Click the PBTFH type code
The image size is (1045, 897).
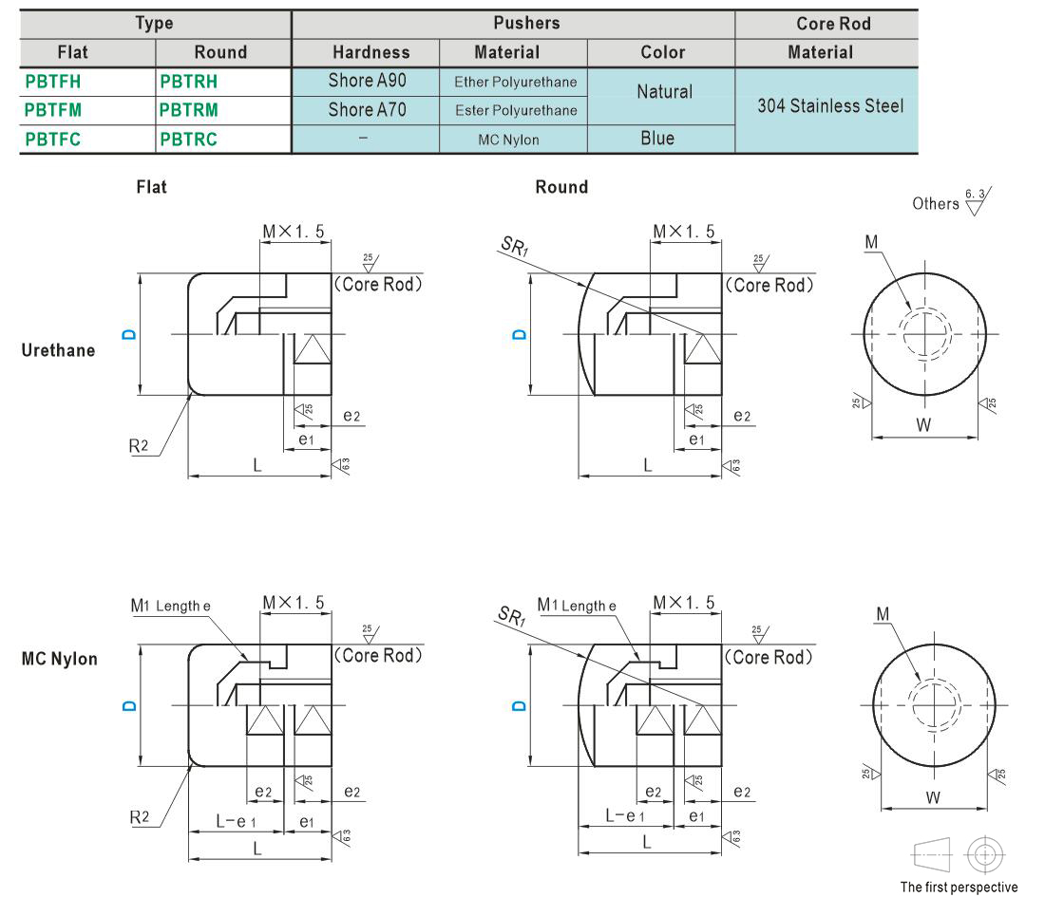click(52, 82)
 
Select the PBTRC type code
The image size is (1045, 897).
click(189, 140)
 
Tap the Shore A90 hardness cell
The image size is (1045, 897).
click(368, 81)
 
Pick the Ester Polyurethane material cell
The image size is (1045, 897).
click(516, 110)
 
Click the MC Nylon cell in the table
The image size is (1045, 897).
click(508, 140)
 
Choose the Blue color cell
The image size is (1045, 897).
click(657, 138)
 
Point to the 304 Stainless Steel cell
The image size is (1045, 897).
click(830, 106)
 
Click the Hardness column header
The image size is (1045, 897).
click(371, 52)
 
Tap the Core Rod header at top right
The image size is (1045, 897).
click(834, 24)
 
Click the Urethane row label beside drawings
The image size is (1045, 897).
click(58, 350)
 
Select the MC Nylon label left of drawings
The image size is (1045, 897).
click(59, 659)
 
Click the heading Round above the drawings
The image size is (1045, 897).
click(561, 187)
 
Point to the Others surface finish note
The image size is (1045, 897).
click(936, 204)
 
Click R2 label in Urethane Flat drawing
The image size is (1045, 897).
click(139, 445)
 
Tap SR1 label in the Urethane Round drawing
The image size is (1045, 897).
click(515, 247)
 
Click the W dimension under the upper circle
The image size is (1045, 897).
click(923, 425)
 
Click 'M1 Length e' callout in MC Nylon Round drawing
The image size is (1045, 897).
click(577, 606)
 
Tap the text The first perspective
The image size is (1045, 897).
click(959, 887)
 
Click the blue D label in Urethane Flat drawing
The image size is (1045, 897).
click(129, 334)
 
